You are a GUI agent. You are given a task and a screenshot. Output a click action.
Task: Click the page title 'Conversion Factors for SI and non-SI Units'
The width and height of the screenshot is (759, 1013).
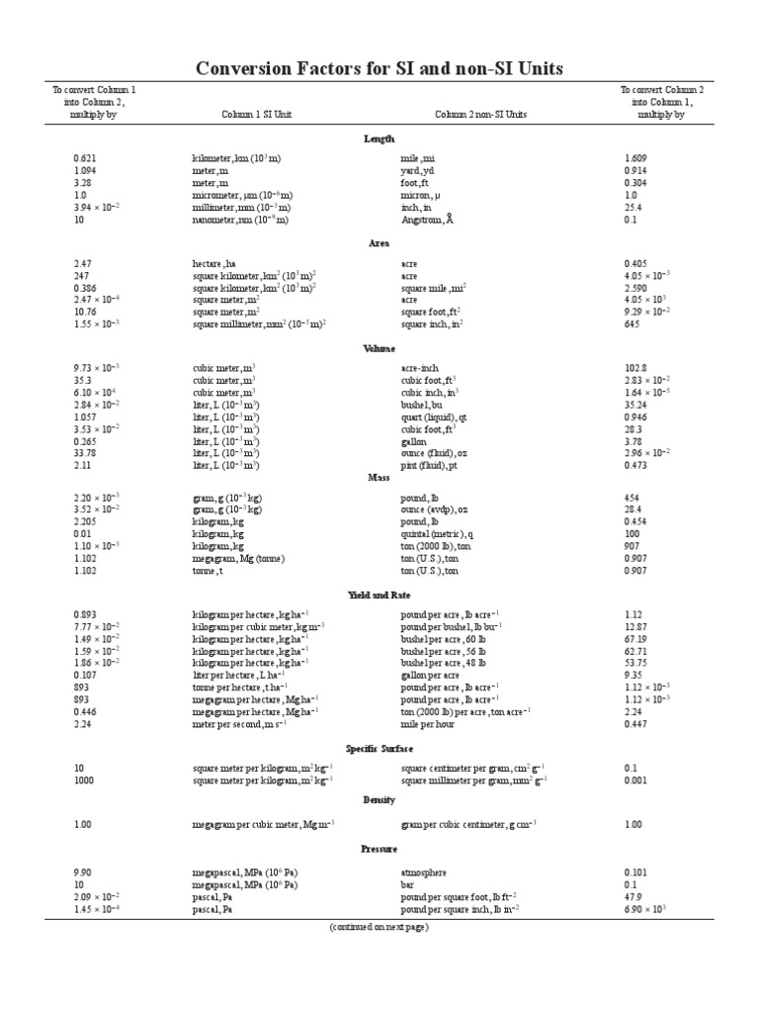pyautogui.click(x=380, y=67)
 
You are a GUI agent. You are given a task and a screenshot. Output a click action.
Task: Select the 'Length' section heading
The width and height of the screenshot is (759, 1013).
pyautogui.click(x=379, y=138)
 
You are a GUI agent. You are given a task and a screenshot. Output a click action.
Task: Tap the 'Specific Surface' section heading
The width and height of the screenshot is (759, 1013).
pyautogui.click(x=379, y=748)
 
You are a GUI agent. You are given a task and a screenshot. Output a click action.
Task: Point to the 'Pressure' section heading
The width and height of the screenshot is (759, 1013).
pyautogui.click(x=379, y=849)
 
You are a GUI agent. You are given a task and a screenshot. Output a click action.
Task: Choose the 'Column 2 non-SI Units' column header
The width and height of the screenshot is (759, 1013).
pyautogui.click(x=480, y=114)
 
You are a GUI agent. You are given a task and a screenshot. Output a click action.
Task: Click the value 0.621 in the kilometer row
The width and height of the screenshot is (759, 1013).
pyautogui.click(x=85, y=157)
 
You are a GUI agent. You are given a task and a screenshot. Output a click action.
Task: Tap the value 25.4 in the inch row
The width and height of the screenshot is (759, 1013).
pyautogui.click(x=633, y=208)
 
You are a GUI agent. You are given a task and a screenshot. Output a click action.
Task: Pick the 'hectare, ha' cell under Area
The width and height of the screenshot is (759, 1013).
pyautogui.click(x=214, y=263)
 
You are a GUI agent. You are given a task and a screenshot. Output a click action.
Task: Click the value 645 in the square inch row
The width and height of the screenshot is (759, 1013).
pyautogui.click(x=632, y=324)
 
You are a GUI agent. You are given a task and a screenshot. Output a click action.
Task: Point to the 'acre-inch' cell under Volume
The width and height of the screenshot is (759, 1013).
pyautogui.click(x=420, y=367)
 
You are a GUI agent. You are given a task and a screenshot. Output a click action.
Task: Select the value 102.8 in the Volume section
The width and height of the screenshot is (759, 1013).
pyautogui.click(x=634, y=367)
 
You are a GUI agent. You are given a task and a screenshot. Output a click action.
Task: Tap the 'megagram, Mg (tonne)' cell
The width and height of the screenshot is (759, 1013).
pyautogui.click(x=238, y=558)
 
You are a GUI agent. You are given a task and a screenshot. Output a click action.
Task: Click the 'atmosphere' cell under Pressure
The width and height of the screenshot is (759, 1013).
pyautogui.click(x=424, y=873)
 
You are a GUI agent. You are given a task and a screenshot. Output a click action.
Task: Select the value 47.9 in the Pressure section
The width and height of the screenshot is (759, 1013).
pyautogui.click(x=633, y=896)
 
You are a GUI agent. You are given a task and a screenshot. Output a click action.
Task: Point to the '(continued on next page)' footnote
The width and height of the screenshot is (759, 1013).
pyautogui.click(x=379, y=927)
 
